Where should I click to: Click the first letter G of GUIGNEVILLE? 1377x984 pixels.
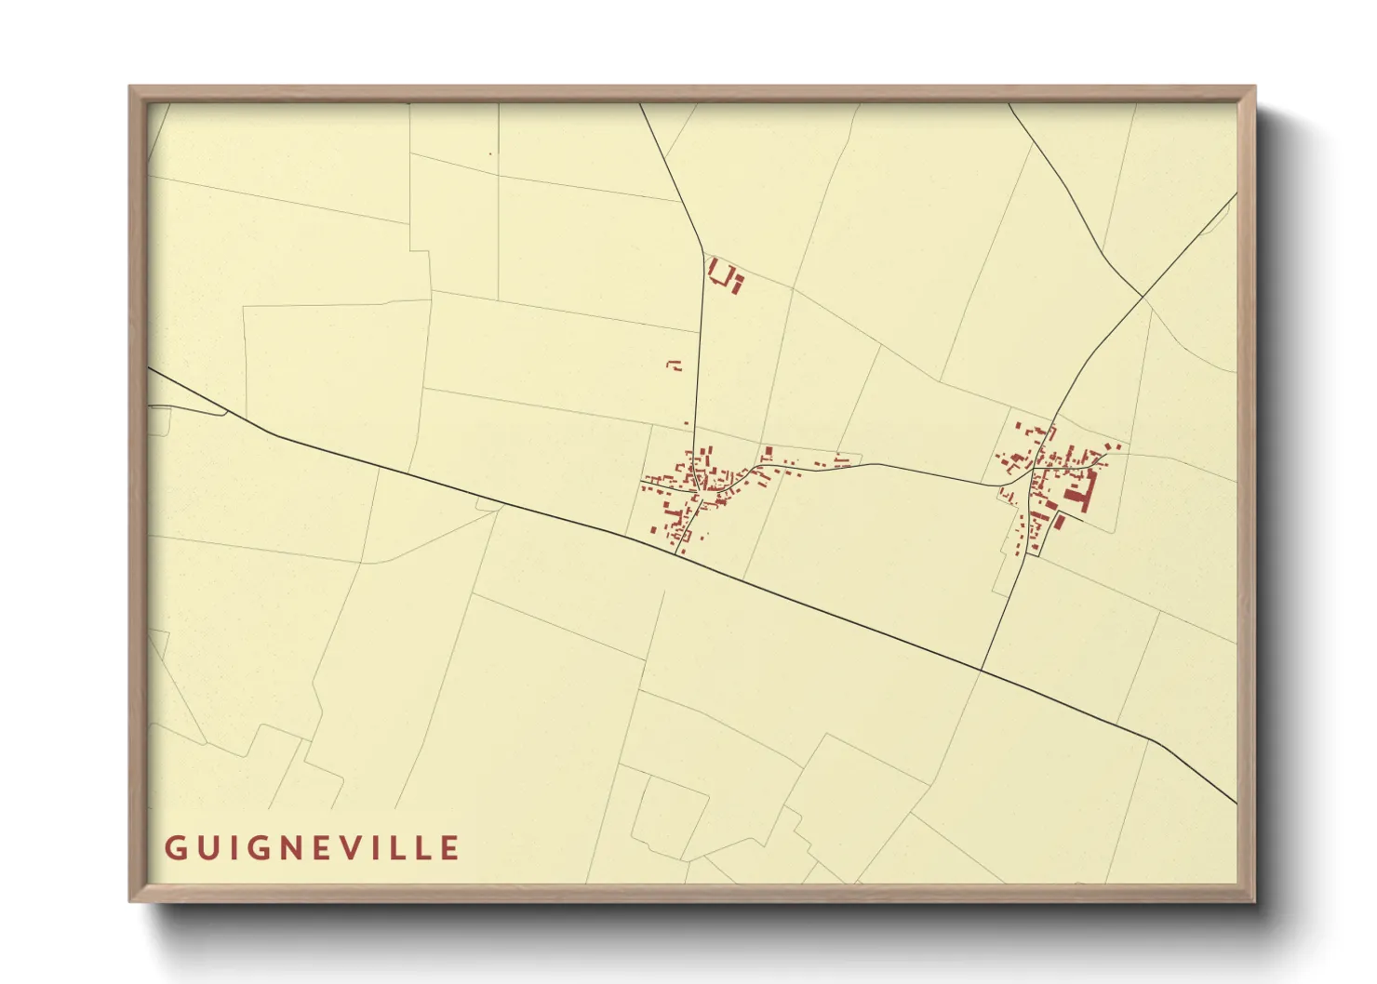[x=174, y=848]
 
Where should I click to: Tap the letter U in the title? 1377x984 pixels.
[x=206, y=848]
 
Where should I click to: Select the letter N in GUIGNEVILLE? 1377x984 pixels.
[x=293, y=848]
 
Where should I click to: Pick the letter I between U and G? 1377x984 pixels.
[x=231, y=848]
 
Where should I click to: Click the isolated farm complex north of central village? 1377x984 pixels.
[x=725, y=276]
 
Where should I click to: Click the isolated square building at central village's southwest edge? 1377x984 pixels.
[x=653, y=529]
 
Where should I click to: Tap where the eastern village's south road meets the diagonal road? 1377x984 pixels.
[x=981, y=670]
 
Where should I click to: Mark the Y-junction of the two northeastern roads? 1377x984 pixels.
[x=1143, y=297]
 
